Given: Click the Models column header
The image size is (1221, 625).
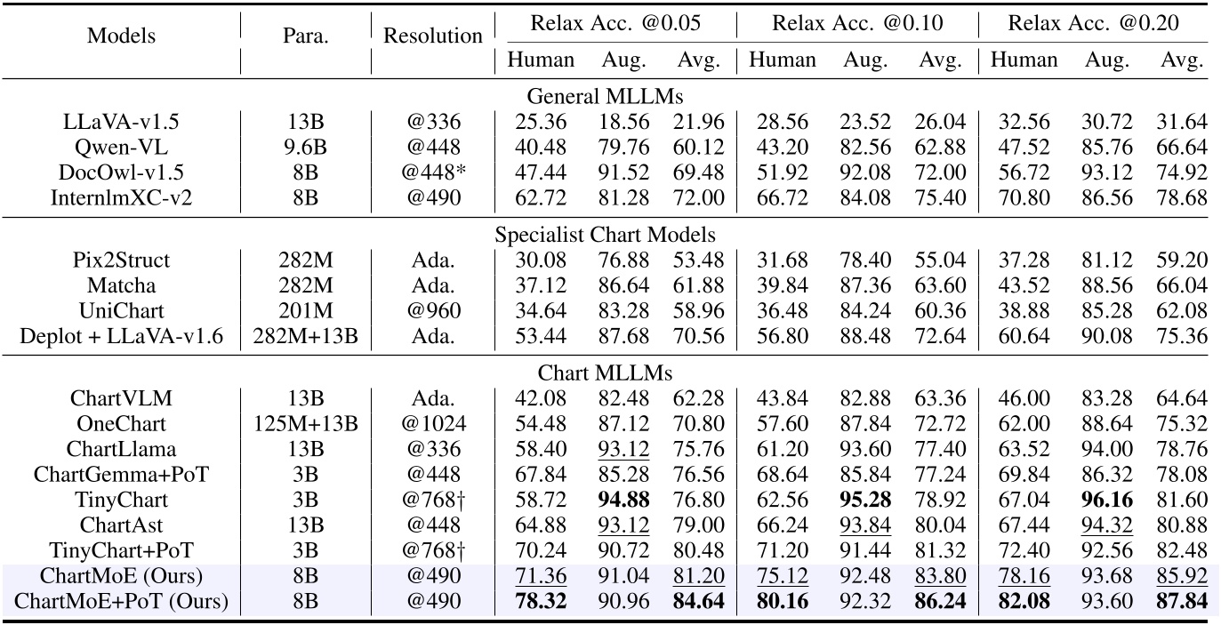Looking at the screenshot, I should (x=121, y=36).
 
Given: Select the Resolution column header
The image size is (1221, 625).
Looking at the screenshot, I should (x=433, y=36).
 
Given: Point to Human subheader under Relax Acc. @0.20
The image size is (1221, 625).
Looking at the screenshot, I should (x=1024, y=60).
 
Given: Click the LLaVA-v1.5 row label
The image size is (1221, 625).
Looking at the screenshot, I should (x=121, y=122).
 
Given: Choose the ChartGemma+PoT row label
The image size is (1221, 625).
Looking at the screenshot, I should (x=121, y=475).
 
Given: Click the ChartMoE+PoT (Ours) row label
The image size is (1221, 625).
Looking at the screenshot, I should (x=121, y=602).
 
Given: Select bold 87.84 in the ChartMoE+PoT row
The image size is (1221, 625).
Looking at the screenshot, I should (x=1181, y=602).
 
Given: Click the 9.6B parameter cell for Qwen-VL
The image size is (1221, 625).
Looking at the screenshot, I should (x=305, y=147).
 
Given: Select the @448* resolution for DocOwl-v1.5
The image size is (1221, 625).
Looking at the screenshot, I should (x=433, y=172).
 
